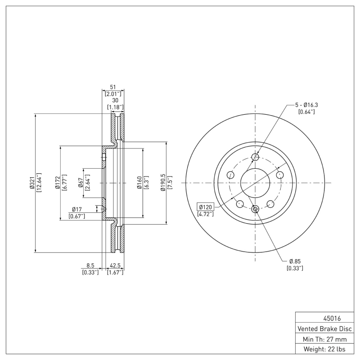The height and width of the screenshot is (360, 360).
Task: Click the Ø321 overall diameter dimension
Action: (32, 183)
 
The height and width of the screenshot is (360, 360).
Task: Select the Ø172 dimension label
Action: (58, 183)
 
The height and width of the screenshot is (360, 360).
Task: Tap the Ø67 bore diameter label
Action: (81, 183)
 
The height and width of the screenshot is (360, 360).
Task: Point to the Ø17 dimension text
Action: (76, 209)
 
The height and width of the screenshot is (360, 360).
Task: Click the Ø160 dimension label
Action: (140, 183)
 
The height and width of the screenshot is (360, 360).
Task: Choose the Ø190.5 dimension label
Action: (163, 183)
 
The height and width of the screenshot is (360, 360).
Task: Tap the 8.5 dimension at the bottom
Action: (90, 265)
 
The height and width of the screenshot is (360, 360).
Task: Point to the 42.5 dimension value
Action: (115, 265)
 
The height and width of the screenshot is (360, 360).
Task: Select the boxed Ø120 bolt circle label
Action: (206, 207)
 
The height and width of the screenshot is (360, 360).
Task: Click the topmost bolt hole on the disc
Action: (255, 157)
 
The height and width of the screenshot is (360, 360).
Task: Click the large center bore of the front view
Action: (255, 183)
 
